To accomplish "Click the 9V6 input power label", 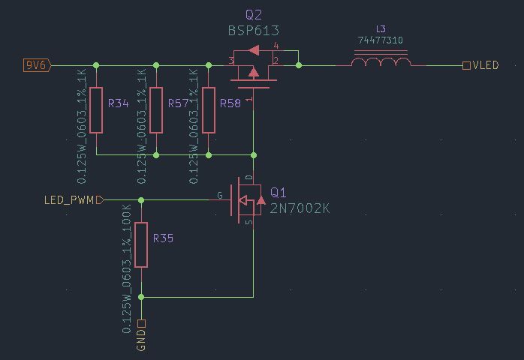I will coord(36,65).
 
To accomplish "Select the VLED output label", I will coord(485,65).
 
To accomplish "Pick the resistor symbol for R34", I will coord(96,110).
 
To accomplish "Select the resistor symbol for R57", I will coord(156,110).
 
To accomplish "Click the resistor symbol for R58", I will coord(209,110).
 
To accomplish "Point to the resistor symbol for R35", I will coord(141,244).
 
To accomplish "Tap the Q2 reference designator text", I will coord(254,15).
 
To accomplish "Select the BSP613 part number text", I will coord(254,31).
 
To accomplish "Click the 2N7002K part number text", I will coord(300,208).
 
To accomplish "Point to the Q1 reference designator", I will coord(278,193).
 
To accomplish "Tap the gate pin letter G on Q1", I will coord(220,195).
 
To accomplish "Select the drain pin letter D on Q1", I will coord(248,178).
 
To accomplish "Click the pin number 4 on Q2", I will coord(276,47).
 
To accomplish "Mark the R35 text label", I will coord(163,238).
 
